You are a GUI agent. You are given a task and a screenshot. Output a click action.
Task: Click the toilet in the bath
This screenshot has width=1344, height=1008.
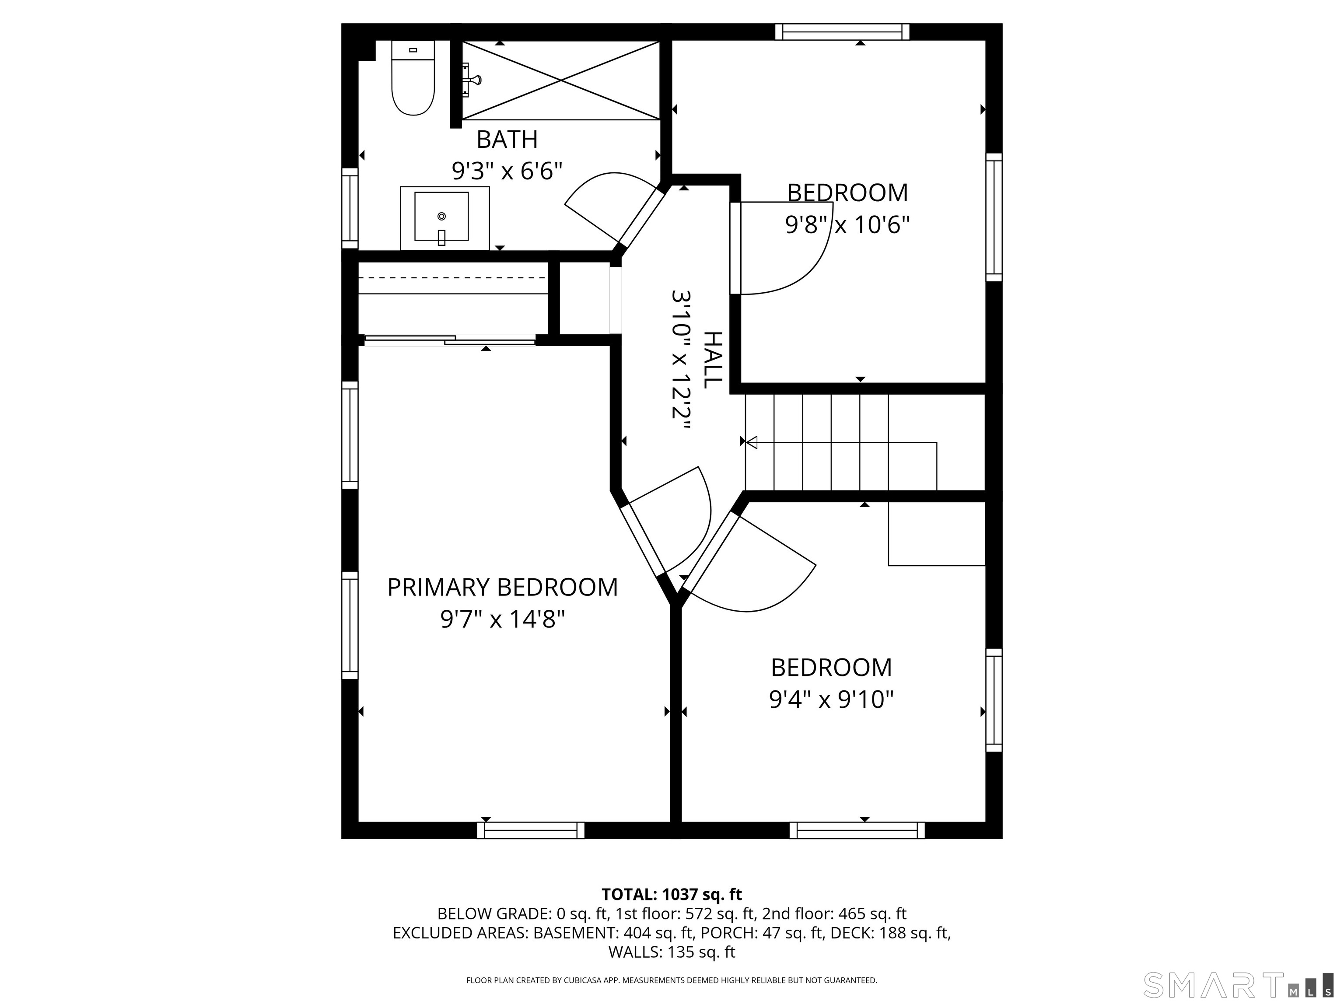click(x=413, y=82)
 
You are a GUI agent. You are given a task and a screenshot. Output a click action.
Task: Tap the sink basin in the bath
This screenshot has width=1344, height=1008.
click(x=442, y=217)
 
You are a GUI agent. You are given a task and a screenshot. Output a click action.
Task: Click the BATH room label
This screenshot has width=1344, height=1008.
click(x=507, y=140)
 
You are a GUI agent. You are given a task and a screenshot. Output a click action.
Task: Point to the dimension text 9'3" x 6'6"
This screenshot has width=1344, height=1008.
click(x=507, y=171)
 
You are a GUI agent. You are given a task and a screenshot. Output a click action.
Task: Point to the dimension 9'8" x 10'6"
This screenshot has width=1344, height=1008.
click(x=847, y=225)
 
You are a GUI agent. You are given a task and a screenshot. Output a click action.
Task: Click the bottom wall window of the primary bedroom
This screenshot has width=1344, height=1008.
click(x=530, y=830)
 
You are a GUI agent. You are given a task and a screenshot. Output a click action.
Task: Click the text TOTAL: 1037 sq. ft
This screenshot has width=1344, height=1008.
click(x=672, y=894)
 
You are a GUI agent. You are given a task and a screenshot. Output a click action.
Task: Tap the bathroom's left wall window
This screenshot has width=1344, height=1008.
click(x=350, y=208)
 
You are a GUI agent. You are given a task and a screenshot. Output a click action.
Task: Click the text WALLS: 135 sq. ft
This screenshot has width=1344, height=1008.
click(x=672, y=952)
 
